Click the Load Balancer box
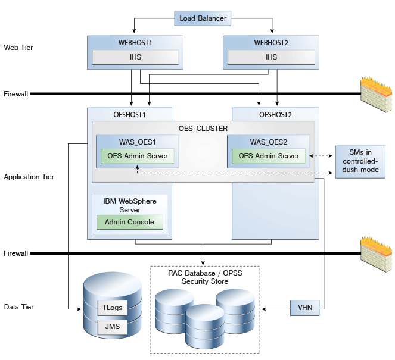coord(203,18)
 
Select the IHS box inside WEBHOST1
coord(135,57)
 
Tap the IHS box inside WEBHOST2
coord(271,57)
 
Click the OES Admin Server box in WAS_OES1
coord(138,156)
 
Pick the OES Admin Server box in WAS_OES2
coord(269,156)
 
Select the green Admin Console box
coord(130,222)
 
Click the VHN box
coord(305,308)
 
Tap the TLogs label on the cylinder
coord(113,308)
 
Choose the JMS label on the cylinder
coord(113,327)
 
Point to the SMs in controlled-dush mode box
coord(360,161)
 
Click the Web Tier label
coord(18,48)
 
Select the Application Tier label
coord(29,177)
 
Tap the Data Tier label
coord(19,307)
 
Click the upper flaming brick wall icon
coord(376,95)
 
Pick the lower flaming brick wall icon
coord(376,254)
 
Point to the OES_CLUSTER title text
coord(203,129)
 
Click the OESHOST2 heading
coord(275,115)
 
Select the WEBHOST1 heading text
coord(135,43)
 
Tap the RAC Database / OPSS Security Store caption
coord(205,277)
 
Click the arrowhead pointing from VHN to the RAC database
coord(263,309)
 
